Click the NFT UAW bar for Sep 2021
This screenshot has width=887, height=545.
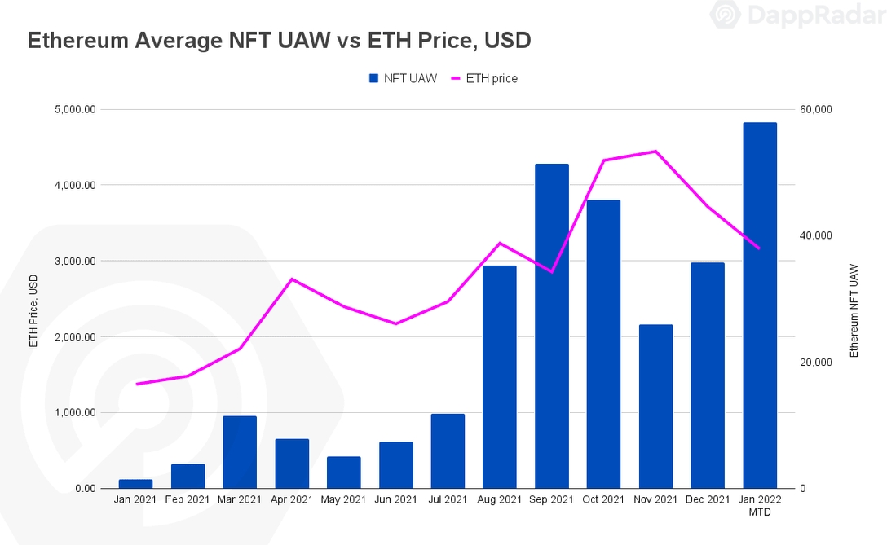552,326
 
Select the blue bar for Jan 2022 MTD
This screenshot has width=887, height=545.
760,305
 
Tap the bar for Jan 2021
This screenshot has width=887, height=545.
135,484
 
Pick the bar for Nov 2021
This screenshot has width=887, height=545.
655,407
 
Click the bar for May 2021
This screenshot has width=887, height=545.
343,472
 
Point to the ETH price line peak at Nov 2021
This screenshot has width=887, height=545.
655,152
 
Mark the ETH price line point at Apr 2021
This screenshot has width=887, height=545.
291,279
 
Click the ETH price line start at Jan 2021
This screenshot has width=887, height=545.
136,384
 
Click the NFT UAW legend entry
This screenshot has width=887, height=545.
404,78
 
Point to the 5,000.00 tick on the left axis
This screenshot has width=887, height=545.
73,109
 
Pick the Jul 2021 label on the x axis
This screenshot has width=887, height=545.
448,499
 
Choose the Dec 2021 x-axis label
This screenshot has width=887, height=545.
708,499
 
